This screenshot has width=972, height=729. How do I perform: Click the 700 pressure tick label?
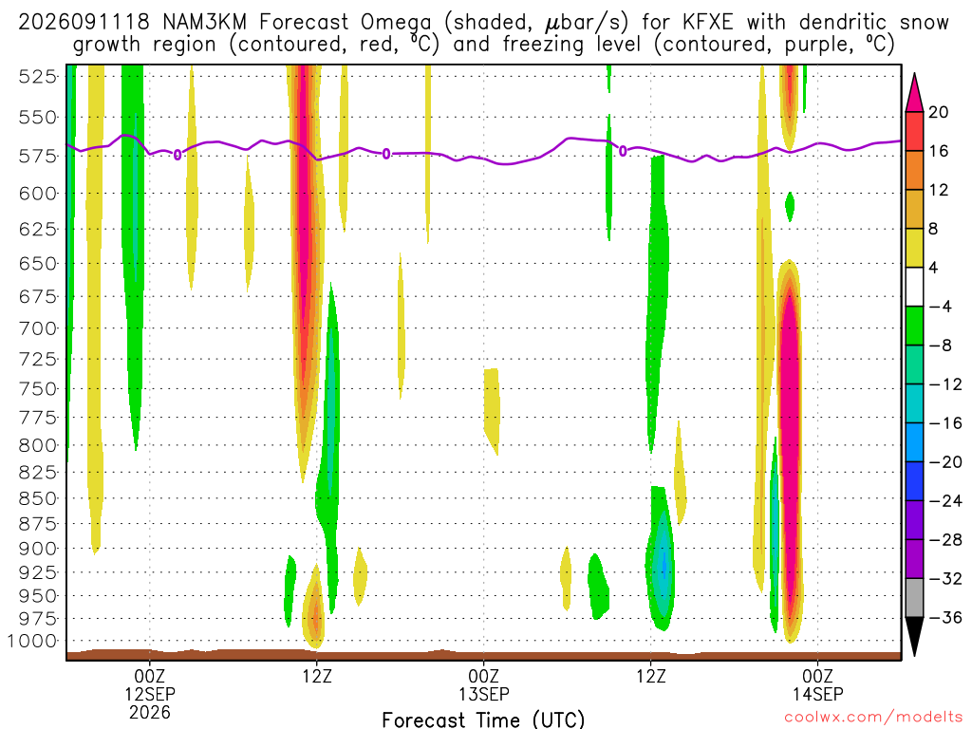(38, 327)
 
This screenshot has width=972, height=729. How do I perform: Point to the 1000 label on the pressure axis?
(32, 641)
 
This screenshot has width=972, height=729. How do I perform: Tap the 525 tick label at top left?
(38, 77)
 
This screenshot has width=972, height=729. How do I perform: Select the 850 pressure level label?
(38, 498)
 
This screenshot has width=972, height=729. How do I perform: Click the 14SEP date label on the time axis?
(817, 694)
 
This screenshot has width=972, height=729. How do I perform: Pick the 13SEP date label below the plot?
(483, 694)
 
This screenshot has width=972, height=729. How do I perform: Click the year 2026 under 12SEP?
(150, 712)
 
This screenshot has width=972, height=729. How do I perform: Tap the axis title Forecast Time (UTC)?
(483, 720)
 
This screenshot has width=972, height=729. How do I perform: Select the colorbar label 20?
(939, 112)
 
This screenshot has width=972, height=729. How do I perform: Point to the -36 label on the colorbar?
(945, 617)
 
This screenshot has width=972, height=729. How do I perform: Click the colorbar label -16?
(945, 423)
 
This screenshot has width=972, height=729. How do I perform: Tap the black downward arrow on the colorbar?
(914, 635)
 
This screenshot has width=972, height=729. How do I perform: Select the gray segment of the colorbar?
(914, 598)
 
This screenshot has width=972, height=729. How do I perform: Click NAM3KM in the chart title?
(204, 23)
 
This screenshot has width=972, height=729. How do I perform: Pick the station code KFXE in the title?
(707, 23)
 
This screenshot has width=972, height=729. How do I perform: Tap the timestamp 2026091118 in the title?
(84, 23)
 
